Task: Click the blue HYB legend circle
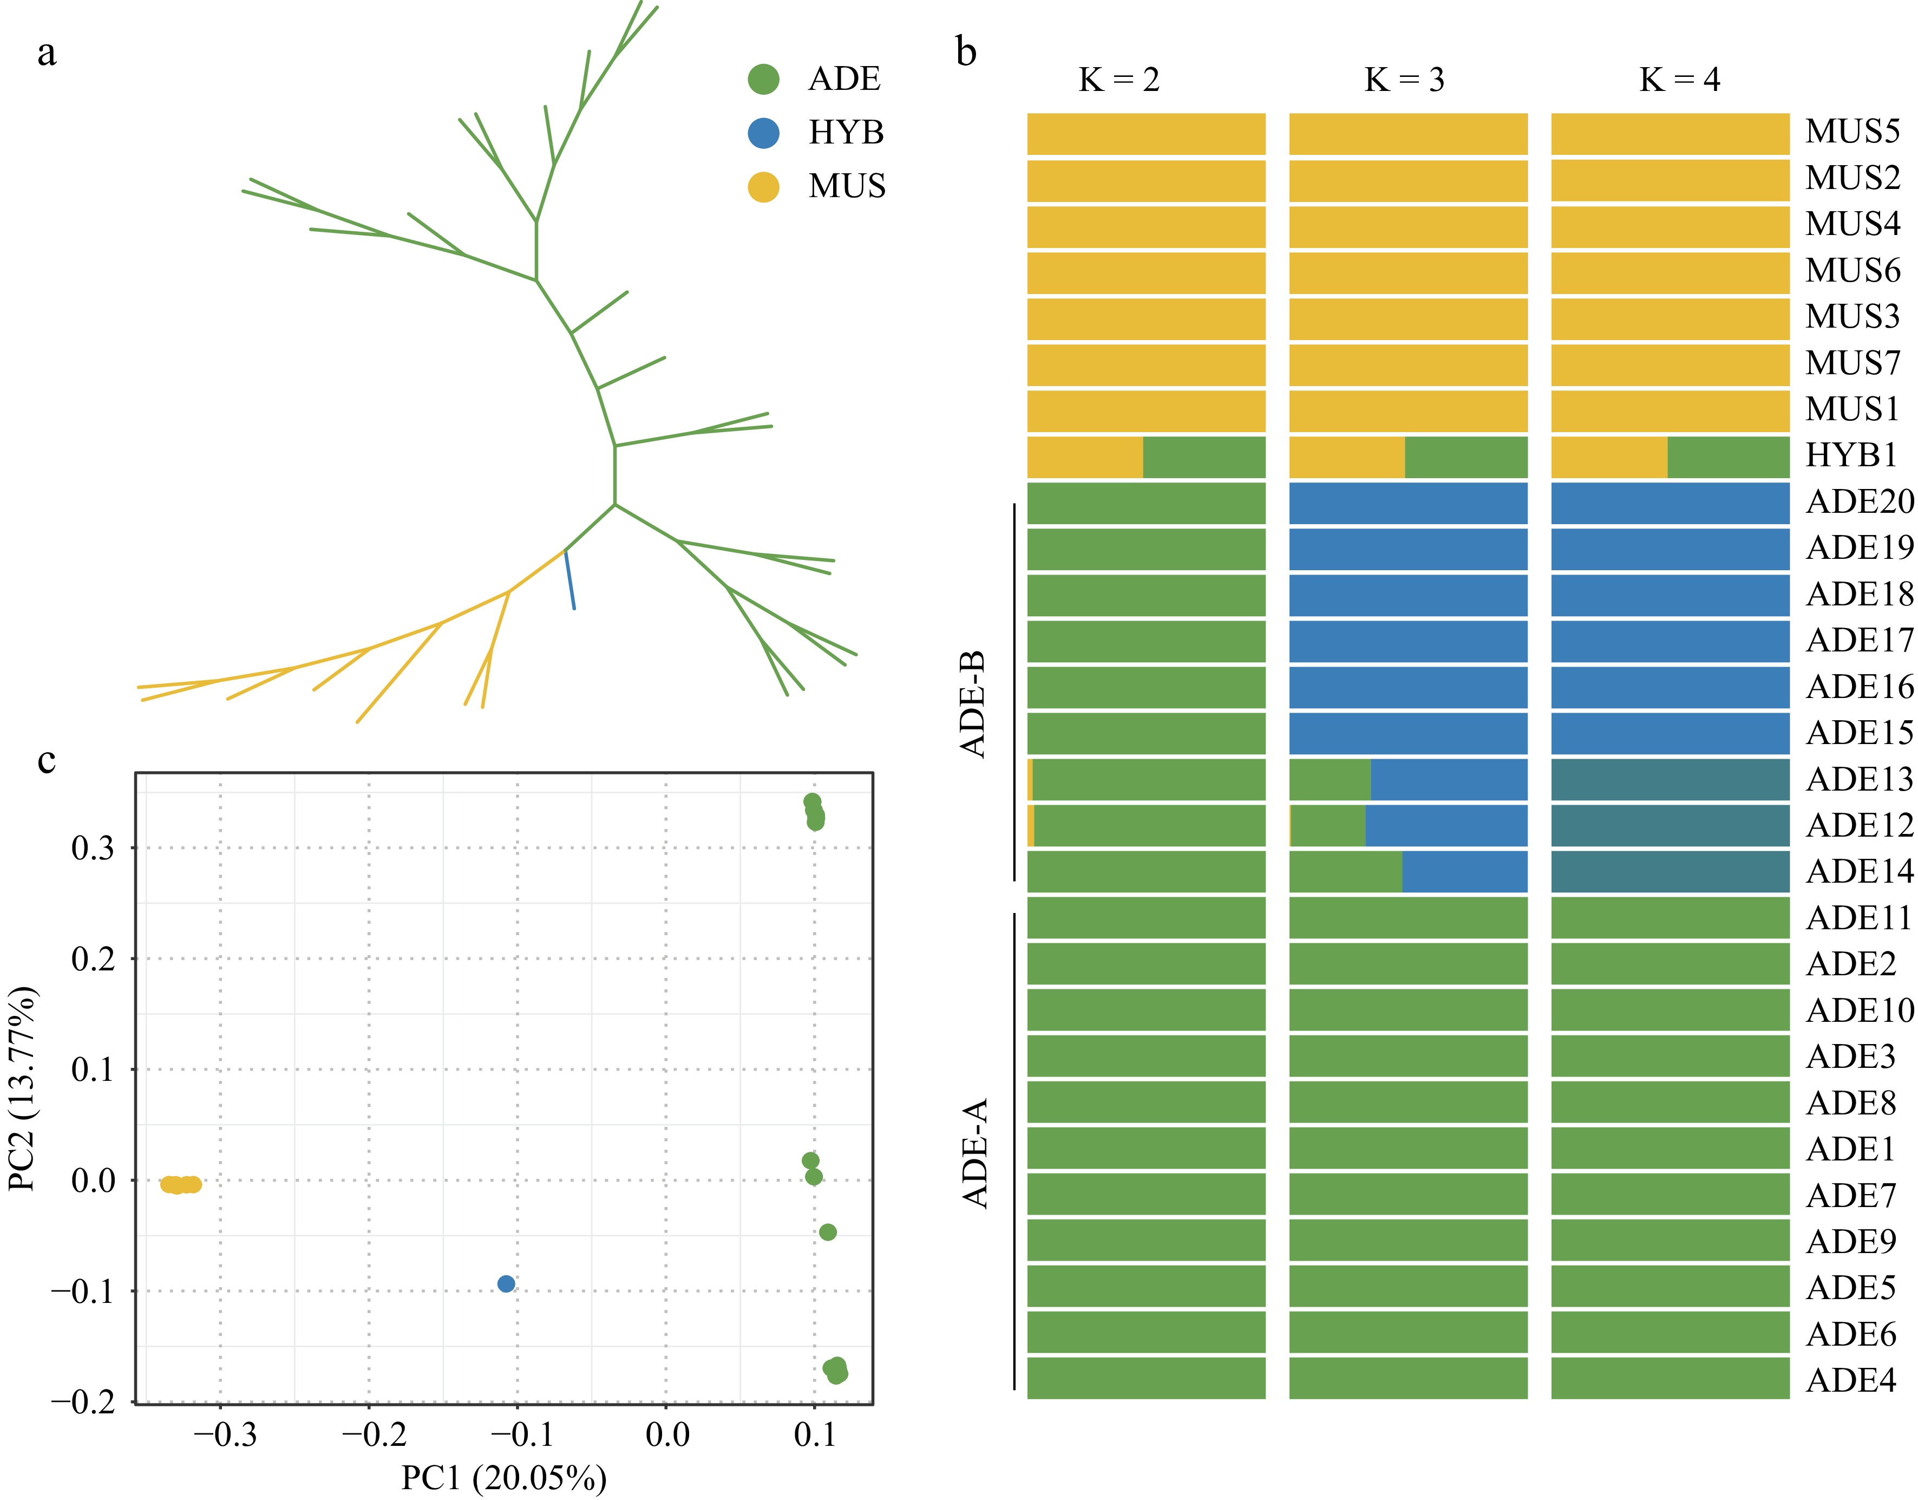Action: pyautogui.click(x=763, y=133)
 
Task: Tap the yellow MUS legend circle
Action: pyautogui.click(x=763, y=186)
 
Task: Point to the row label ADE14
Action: pyautogui.click(x=1858, y=871)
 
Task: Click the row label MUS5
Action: pyautogui.click(x=1851, y=131)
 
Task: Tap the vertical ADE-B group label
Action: pyautogui.click(x=973, y=705)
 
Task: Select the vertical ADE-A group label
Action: pyautogui.click(x=975, y=1153)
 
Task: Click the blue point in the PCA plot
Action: pyautogui.click(x=506, y=1284)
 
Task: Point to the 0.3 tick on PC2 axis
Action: pyautogui.click(x=93, y=849)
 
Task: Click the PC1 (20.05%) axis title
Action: pyautogui.click(x=503, y=1478)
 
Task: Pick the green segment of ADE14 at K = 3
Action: pyautogui.click(x=1345, y=871)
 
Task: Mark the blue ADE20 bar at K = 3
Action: pyautogui.click(x=1408, y=503)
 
